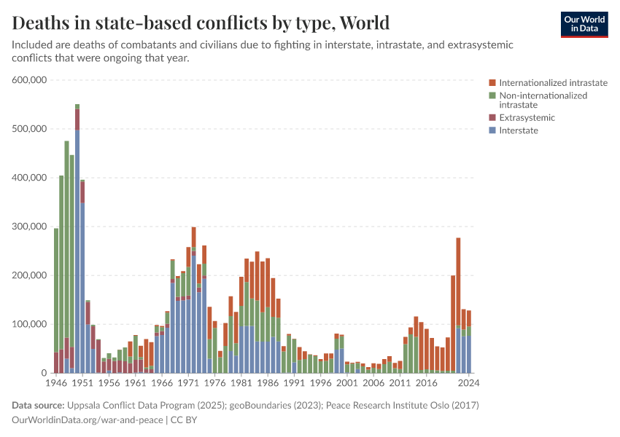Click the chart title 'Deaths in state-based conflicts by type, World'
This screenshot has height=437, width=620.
201,22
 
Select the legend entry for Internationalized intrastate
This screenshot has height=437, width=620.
553,83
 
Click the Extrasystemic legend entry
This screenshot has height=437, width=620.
527,117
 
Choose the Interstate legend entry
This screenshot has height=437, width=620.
518,130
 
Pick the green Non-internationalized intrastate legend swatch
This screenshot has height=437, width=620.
492,95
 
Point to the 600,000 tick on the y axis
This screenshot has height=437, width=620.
30,80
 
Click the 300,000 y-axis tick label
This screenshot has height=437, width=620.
30,227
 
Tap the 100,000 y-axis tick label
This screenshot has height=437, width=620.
30,324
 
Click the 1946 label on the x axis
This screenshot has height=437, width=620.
57,382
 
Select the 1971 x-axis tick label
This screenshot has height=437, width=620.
188,382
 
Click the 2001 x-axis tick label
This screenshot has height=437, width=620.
347,382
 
